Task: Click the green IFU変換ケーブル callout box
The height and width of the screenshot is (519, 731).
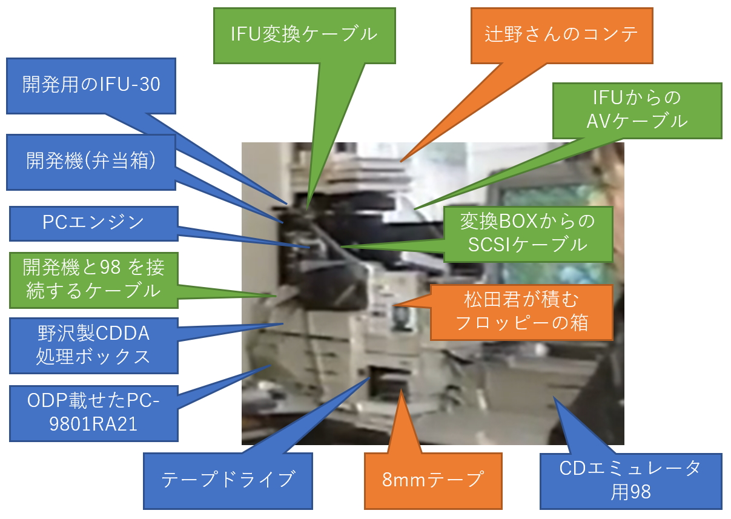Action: point(305,36)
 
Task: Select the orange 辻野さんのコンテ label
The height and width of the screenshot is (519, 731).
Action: point(561,36)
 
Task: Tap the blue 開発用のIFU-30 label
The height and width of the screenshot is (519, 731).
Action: point(91,86)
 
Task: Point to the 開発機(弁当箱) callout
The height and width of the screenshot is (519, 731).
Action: point(91,162)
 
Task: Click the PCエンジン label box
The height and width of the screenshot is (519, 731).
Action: point(94,223)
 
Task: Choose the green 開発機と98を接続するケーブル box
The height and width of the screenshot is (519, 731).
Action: point(94,280)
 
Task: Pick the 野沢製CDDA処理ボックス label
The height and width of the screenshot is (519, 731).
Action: point(94,346)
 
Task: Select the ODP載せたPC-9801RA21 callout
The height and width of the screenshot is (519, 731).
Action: point(94,414)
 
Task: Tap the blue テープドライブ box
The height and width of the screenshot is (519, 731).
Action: point(228,481)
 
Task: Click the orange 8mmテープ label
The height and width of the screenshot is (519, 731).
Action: point(433,481)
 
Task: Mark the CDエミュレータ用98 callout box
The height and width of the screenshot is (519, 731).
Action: point(631,481)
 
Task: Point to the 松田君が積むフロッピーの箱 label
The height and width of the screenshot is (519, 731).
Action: point(521,312)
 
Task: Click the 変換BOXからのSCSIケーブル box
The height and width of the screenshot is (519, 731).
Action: point(528,234)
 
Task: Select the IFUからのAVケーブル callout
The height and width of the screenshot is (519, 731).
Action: point(637,111)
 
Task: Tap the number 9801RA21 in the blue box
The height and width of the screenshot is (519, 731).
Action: point(93,424)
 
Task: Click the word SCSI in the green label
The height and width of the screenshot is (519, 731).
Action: point(489,245)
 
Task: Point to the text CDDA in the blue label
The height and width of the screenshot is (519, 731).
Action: point(122,333)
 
